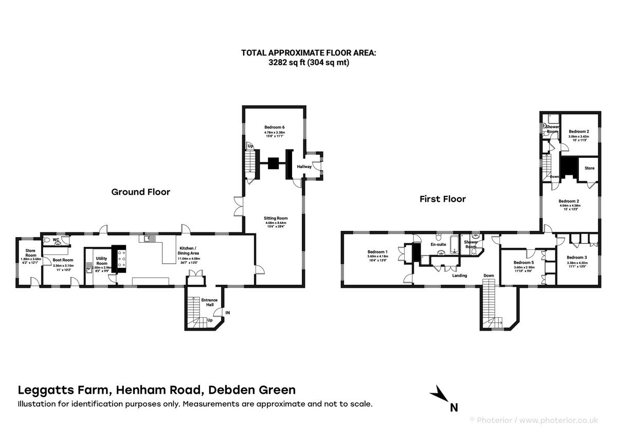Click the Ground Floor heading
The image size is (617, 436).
140,192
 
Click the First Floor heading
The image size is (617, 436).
443,199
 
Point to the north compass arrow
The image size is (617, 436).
441,394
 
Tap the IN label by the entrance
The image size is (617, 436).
227,312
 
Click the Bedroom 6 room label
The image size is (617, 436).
275,126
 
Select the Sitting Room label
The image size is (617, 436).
276,218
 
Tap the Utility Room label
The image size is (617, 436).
101,261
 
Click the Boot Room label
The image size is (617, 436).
63,260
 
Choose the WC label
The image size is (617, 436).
56,239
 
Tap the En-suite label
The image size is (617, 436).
438,245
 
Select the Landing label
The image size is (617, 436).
459,276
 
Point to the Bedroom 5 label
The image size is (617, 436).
523,262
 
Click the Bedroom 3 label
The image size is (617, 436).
576,257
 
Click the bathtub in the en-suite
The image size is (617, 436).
456,244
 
